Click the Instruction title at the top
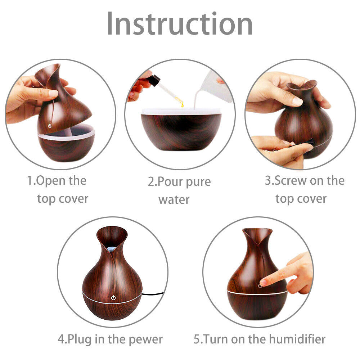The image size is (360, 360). pos(180,24)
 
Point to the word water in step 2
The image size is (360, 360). pos(174,199)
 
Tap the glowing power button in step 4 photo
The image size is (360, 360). pos(113,298)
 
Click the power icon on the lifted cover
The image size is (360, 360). pos(49,126)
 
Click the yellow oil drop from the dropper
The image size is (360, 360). pos(182,104)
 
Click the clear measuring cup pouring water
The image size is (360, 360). pos(216,86)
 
